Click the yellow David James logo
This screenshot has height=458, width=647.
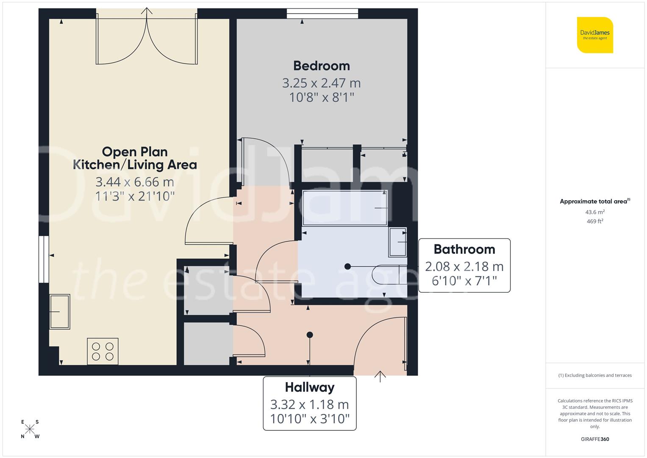pyautogui.click(x=595, y=35)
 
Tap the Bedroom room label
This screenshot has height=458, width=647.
pyautogui.click(x=322, y=66)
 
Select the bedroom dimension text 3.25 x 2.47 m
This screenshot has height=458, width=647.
pyautogui.click(x=322, y=83)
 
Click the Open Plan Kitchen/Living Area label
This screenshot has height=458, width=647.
pyautogui.click(x=135, y=158)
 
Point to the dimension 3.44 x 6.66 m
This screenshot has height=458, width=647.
pyautogui.click(x=135, y=182)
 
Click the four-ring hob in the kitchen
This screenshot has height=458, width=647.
pyautogui.click(x=103, y=351)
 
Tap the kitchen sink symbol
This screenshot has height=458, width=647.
pyautogui.click(x=60, y=312)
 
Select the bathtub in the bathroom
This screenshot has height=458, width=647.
pyautogui.click(x=345, y=208)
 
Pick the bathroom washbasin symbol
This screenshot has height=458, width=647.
pyautogui.click(x=397, y=242)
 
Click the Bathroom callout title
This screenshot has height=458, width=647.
pyautogui.click(x=464, y=249)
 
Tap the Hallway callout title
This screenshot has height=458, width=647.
pyautogui.click(x=310, y=387)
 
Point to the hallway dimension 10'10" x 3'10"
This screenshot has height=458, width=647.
pyautogui.click(x=310, y=419)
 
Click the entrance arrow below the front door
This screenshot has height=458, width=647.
pyautogui.click(x=380, y=376)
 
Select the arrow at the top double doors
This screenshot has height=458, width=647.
pyautogui.click(x=147, y=12)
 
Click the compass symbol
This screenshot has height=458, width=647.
pyautogui.click(x=30, y=429)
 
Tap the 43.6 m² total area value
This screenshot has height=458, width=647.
pyautogui.click(x=595, y=212)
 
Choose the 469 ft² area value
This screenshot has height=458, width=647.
pyautogui.click(x=595, y=221)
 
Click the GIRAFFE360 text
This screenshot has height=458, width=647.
pyautogui.click(x=595, y=439)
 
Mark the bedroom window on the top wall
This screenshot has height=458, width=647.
pyautogui.click(x=322, y=14)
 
